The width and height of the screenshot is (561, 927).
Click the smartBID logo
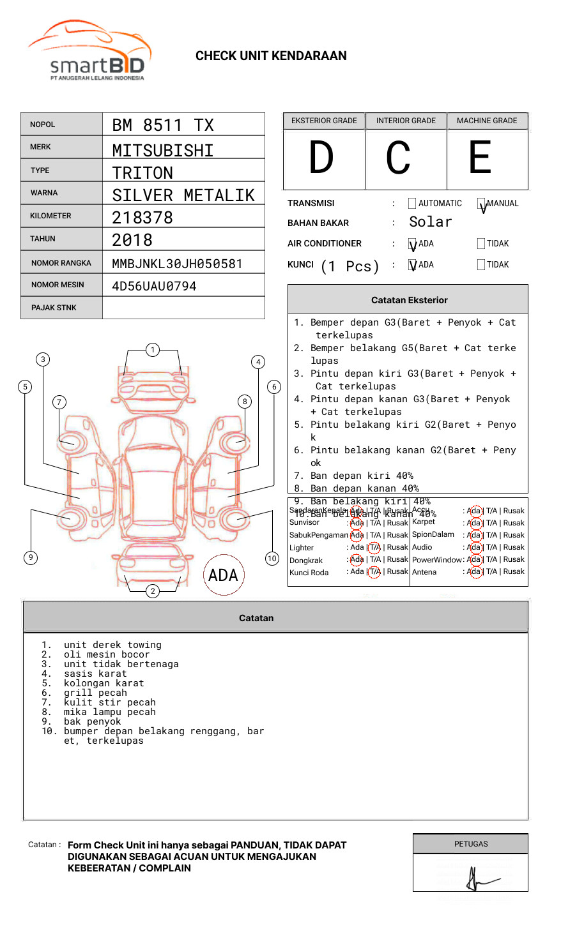coord(89,51)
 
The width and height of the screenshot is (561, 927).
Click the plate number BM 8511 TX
coord(163,125)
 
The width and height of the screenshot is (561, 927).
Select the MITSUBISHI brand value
coord(163,151)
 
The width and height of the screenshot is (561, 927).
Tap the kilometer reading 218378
coord(142,218)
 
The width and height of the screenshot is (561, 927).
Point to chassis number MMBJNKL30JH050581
coord(177,264)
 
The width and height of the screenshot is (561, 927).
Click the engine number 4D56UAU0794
coord(154,286)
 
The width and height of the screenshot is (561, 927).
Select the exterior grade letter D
coord(321,158)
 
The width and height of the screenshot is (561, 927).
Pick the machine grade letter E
coord(480,158)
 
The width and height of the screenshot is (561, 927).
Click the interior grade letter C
coord(398,158)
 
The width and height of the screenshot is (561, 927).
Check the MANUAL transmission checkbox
coord(481,204)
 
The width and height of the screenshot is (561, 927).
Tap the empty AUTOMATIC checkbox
coord(412,204)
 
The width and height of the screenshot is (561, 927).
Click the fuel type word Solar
coord(430,222)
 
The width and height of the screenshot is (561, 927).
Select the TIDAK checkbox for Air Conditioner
coord(481,243)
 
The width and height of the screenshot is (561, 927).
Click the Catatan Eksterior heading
coord(409,300)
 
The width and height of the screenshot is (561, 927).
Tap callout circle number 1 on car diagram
coord(152,349)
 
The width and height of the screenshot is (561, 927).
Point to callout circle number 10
coord(272,559)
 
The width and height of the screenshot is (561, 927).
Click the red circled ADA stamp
coord(223,575)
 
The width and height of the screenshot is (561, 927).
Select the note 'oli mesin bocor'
coord(106,654)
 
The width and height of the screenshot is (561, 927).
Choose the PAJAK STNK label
coord(54,308)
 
